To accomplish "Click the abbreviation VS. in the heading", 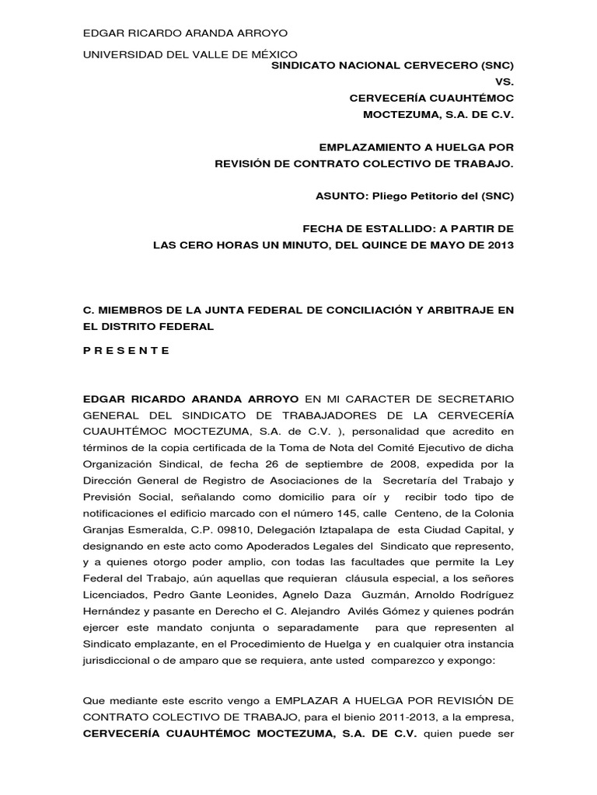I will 504,82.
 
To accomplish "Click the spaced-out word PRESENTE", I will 126,350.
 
